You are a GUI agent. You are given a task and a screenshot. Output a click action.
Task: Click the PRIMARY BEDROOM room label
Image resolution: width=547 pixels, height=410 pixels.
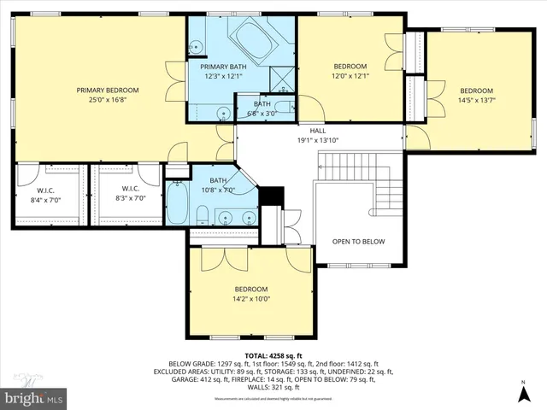(108, 90)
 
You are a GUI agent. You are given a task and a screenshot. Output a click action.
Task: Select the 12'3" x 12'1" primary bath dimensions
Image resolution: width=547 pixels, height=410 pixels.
(223, 76)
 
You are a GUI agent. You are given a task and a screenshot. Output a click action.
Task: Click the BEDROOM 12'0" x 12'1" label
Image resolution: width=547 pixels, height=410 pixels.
(350, 71)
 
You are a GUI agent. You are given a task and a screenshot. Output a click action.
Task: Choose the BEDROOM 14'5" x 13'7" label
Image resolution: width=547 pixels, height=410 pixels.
(476, 96)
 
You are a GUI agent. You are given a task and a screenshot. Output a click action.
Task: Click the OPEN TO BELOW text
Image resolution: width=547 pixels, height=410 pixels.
(358, 242)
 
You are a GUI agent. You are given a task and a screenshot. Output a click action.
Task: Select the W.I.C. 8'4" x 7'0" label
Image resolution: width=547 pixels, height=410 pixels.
(46, 193)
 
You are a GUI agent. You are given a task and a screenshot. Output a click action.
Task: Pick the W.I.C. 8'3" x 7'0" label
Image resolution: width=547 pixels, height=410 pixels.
(130, 193)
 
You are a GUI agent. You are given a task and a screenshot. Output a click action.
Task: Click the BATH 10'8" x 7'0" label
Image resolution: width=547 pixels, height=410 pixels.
(219, 185)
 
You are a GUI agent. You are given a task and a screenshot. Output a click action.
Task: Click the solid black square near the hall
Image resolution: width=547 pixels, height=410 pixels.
(270, 196)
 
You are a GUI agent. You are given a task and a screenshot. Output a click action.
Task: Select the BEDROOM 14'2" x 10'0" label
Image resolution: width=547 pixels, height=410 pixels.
(251, 294)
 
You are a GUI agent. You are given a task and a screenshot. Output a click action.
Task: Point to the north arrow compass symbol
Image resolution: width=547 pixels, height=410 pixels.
(523, 394)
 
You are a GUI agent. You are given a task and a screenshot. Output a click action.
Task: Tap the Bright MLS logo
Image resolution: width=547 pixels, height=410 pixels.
(34, 398)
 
